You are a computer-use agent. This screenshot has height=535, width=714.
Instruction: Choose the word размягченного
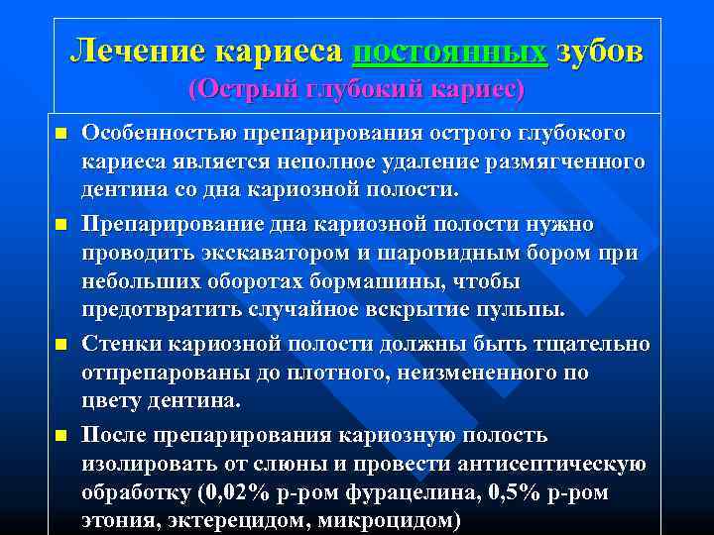[x=563, y=160]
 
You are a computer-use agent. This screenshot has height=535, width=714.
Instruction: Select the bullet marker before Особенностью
[x=60, y=133]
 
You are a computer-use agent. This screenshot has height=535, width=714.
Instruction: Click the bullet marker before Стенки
[x=60, y=344]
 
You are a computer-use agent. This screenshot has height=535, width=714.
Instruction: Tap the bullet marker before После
[x=60, y=436]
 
